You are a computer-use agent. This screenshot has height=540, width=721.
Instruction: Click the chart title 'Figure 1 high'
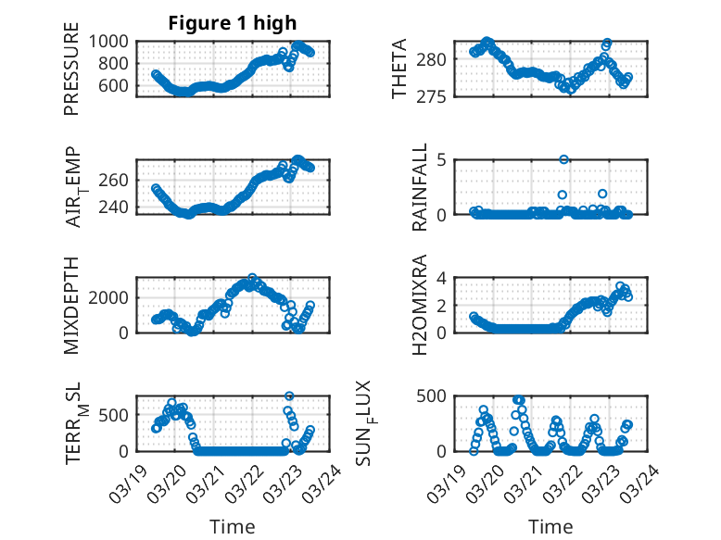233,23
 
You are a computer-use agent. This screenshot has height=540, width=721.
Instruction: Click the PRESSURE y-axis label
71,75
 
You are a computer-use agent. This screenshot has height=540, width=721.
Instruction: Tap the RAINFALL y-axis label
420,186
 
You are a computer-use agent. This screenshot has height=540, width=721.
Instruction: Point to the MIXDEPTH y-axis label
71,305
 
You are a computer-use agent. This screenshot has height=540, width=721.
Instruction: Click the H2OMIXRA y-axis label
420,305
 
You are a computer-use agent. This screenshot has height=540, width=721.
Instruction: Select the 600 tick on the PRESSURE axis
117,86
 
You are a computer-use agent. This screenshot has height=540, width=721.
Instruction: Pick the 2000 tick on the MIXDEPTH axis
112,297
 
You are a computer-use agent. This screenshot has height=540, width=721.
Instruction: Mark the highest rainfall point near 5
563,159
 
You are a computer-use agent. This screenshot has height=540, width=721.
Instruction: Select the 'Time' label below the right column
550,526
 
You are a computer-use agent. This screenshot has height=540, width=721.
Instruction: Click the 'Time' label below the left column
233,526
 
